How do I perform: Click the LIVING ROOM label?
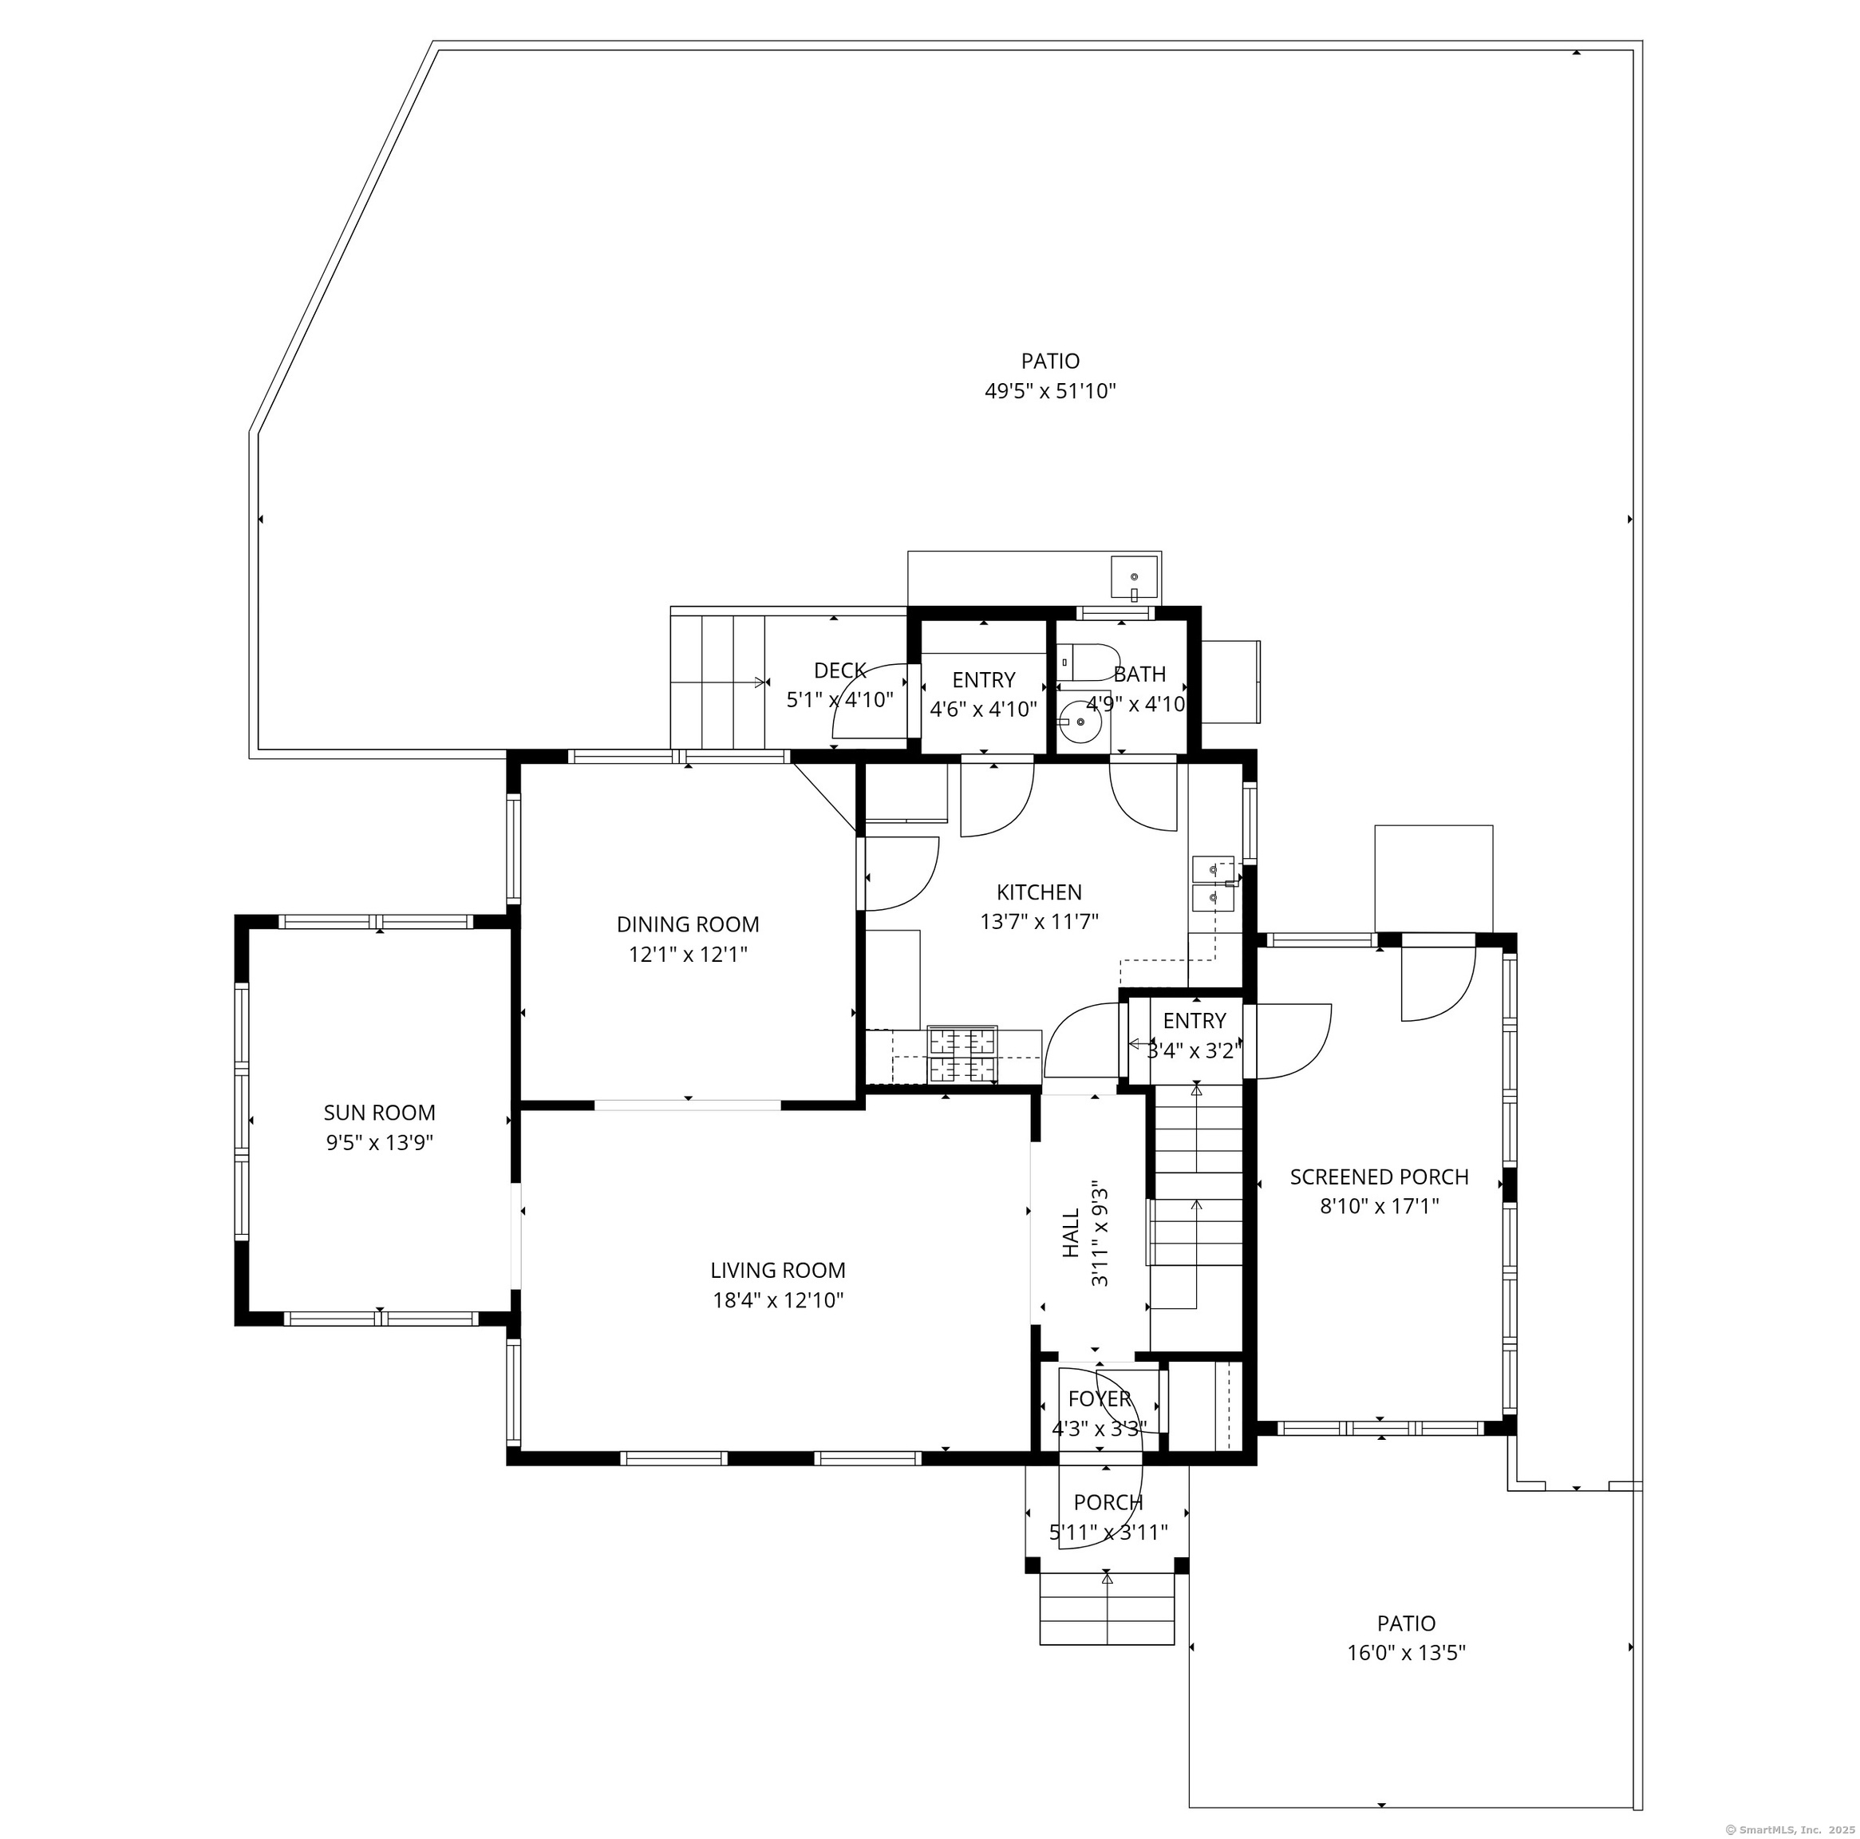coord(778,1270)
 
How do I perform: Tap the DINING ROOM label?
coord(687,924)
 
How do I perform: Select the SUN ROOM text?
coord(379,1112)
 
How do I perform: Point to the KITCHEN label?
coord(1039,892)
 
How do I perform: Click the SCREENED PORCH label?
coord(1379,1177)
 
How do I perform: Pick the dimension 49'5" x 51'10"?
coord(1049,391)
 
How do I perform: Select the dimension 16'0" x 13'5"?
coord(1406,1653)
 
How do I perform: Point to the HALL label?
coord(1071,1233)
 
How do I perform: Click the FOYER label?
coord(1100,1399)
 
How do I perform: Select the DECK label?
coord(839,671)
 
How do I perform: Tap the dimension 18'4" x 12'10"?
coord(778,1301)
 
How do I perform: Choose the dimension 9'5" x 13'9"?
coord(379,1143)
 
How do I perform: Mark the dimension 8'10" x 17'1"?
coord(1379,1205)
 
